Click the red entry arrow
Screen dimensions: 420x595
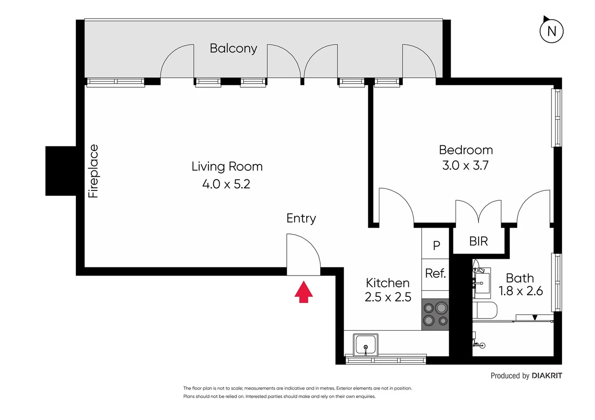coord(303,292)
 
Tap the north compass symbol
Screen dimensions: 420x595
coord(551,31)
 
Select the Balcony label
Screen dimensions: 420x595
coord(233,48)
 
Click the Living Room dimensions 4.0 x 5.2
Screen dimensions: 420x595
coord(226,184)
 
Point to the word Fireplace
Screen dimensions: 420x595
coord(93,171)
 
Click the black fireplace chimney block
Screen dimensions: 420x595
coord(61,171)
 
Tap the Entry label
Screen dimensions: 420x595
coord(301,218)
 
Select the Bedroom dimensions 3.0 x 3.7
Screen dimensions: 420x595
coord(465,165)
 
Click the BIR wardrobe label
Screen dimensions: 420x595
coord(479,241)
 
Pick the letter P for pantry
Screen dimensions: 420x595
coord(436,245)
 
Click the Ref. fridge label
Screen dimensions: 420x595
coord(435,273)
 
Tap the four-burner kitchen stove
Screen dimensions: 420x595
coord(435,314)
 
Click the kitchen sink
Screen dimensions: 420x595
coord(365,345)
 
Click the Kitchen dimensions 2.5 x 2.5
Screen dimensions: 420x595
coord(388,297)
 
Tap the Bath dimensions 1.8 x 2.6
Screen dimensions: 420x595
coord(521,291)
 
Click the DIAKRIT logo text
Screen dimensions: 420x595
coord(547,376)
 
